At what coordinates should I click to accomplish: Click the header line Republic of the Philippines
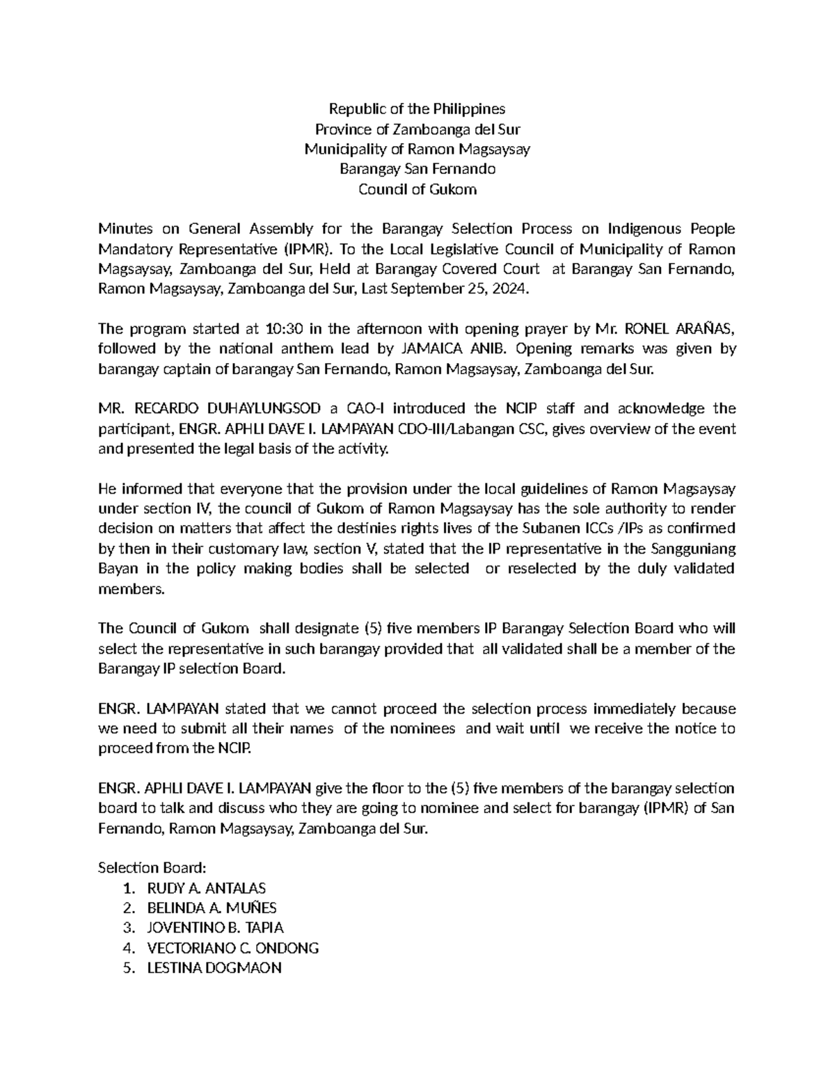coord(417,109)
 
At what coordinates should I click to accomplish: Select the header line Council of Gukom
coord(417,189)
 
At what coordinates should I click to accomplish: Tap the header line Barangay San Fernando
coord(417,169)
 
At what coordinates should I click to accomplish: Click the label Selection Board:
coord(152,868)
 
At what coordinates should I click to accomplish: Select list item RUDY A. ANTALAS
coord(206,888)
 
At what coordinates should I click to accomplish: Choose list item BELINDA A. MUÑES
coord(212,908)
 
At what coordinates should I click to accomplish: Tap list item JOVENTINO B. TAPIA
coord(215,928)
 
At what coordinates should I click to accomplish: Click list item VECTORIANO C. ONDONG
coord(232,948)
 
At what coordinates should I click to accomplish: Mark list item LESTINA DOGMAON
coord(214,968)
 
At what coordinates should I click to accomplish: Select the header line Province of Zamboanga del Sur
coord(417,129)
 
